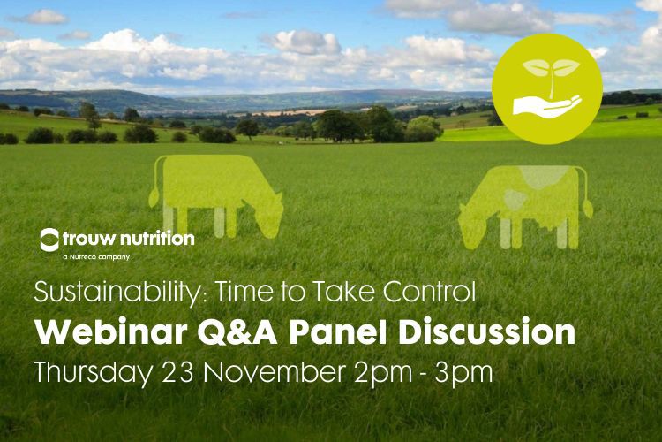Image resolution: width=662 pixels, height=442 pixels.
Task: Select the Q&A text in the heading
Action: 237,333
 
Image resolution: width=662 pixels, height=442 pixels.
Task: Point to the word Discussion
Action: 486,332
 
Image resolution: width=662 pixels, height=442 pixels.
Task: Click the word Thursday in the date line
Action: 93,373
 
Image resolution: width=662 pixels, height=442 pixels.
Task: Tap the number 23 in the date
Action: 178,372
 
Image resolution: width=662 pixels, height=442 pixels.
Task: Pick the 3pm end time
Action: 463,373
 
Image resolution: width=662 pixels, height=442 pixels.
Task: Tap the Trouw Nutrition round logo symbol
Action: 49,240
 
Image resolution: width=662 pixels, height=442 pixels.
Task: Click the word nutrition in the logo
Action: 157,239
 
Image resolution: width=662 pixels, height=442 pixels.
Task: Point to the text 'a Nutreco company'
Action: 96,256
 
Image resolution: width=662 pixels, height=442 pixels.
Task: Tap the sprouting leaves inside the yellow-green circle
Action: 551,69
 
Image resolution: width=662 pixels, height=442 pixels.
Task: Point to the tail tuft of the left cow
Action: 154,198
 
